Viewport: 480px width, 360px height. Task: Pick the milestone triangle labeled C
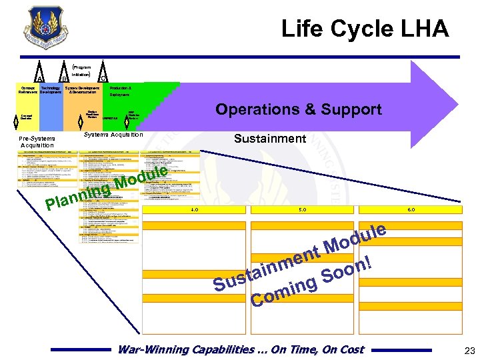coord(103,75)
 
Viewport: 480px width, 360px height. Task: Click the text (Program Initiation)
coord(81,71)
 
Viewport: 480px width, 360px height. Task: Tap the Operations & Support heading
coord(298,110)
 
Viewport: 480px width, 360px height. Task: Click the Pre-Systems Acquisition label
coord(38,141)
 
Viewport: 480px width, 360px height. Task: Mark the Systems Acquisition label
coord(115,135)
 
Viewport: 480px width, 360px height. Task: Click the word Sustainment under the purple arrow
coord(270,139)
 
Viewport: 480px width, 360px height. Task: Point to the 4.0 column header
coord(194,209)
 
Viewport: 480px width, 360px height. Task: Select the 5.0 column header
coord(303,209)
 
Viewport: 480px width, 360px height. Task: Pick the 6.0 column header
coord(411,209)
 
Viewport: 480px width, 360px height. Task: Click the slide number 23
coord(467,350)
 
